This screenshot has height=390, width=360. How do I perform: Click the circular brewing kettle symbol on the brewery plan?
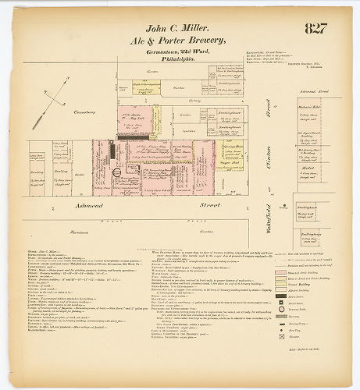pos(116,172)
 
